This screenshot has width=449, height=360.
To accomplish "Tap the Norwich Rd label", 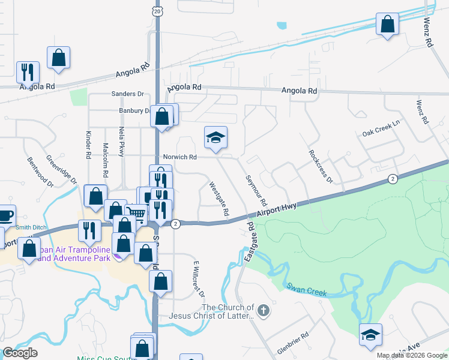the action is (x=180, y=157).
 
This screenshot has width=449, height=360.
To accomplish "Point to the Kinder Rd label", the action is (x=88, y=146).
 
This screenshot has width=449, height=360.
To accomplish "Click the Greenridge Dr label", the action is (x=62, y=170).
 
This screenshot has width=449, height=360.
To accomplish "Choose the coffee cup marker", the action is (x=6, y=214).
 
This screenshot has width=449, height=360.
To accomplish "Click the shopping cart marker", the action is (x=137, y=214).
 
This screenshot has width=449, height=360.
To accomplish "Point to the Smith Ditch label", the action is (x=31, y=227).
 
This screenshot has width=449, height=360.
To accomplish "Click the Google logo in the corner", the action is (x=20, y=353).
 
